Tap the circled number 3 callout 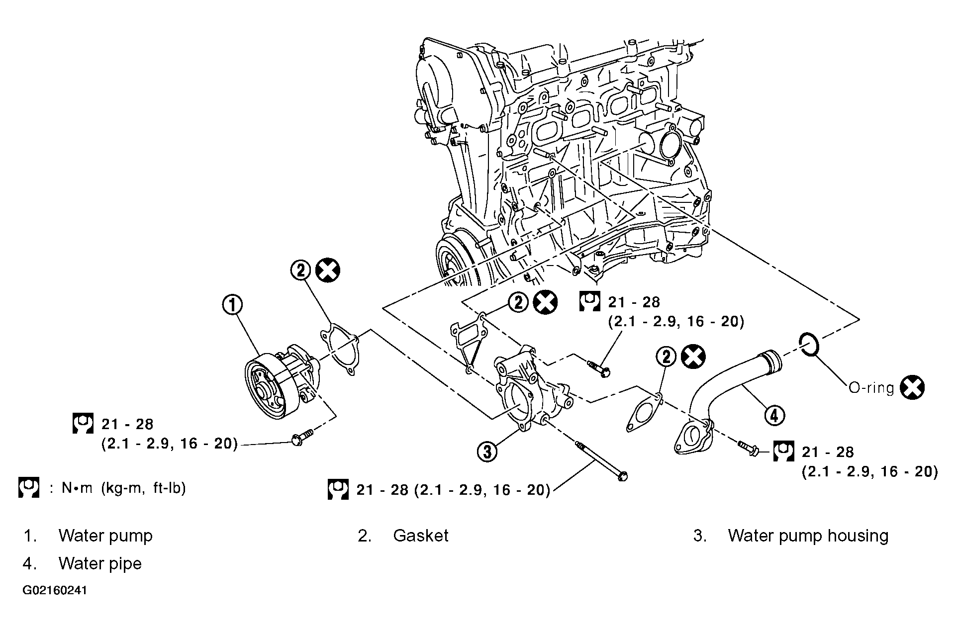[487, 451]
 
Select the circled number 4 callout [774, 415]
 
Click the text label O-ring [871, 388]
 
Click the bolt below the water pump [301, 438]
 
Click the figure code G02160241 [55, 591]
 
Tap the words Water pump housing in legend [808, 536]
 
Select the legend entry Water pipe [100, 563]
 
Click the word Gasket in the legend [421, 536]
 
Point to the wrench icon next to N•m [28, 488]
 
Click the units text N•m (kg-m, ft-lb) [124, 488]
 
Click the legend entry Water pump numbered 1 [105, 536]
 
